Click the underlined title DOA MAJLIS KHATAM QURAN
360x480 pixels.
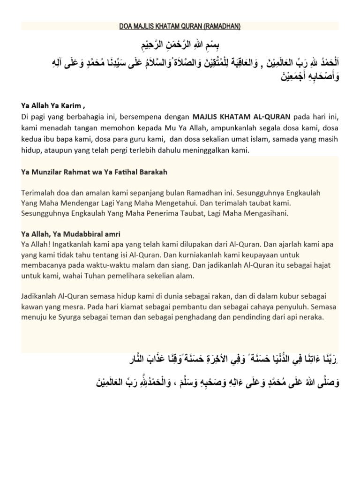point(180,26)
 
